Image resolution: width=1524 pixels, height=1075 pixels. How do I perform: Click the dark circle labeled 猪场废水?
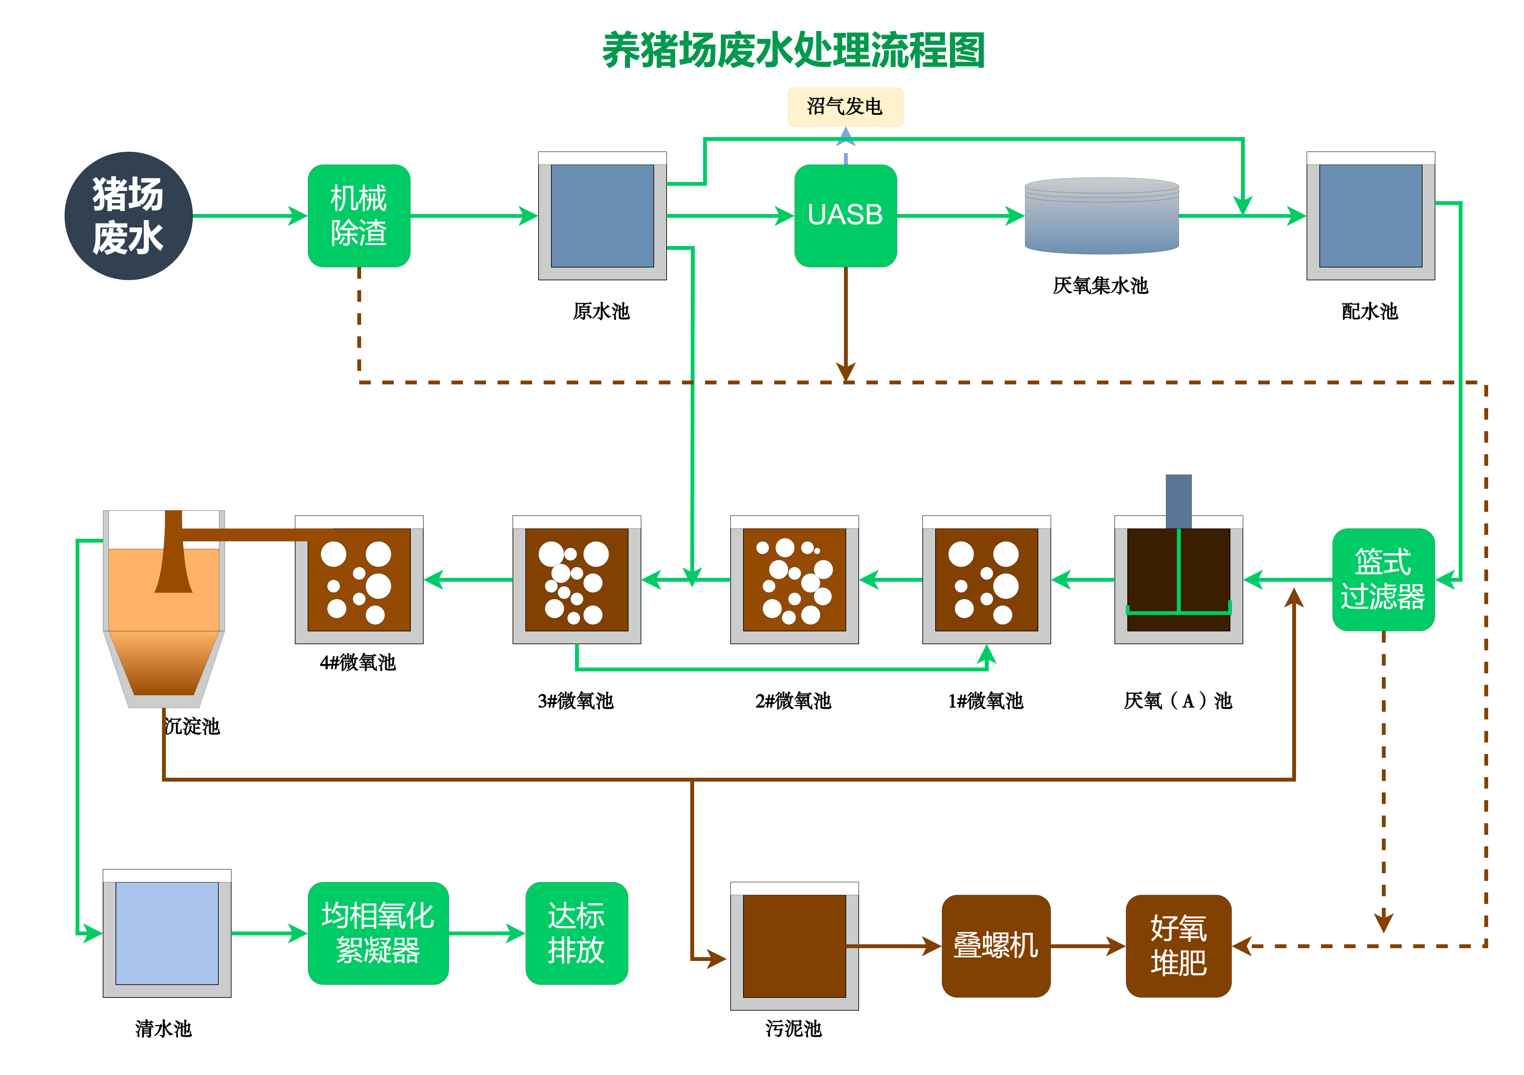pos(128,216)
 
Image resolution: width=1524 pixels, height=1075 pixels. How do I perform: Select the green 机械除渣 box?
pos(359,216)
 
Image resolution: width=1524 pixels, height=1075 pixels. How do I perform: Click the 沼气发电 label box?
pos(845,106)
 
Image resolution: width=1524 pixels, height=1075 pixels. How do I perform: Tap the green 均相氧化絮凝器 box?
pos(378,933)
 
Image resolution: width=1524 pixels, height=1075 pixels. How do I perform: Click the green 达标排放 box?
pos(576,933)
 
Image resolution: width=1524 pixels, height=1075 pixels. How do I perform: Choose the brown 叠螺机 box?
pos(996,946)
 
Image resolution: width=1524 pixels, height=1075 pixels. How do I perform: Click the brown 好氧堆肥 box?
pos(1178,946)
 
